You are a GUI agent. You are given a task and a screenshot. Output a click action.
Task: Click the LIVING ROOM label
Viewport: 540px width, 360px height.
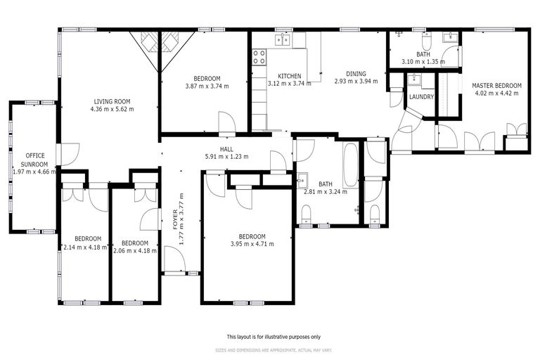pos(112,101)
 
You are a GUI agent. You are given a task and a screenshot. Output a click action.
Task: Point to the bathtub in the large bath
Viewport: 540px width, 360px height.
pos(350,165)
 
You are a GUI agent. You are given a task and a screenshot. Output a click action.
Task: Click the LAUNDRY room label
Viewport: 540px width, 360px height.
pos(421,97)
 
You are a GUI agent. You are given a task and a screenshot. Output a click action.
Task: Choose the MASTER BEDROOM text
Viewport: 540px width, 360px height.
pos(497,85)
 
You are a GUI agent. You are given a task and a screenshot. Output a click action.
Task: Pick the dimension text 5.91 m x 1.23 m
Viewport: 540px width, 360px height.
pos(226,157)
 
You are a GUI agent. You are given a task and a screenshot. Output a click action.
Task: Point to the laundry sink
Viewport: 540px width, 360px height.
pos(415,79)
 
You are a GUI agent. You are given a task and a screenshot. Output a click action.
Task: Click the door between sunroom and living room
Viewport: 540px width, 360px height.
pos(66,154)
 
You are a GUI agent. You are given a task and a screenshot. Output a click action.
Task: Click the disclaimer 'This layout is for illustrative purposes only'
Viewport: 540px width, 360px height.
pos(274,336)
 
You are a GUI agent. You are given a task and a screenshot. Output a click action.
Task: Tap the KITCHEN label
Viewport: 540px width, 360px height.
pos(289,76)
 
